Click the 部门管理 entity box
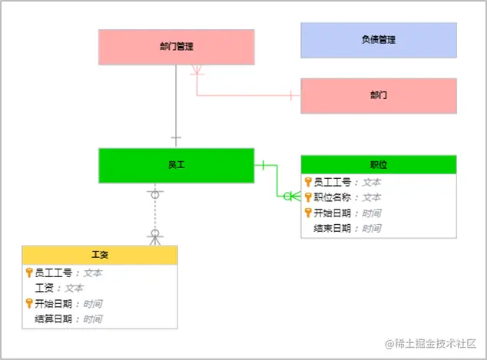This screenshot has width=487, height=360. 176,47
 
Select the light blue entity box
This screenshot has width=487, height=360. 378,40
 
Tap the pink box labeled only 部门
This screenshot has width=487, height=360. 378,96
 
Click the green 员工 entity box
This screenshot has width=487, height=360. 176,165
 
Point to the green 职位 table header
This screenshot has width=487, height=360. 378,164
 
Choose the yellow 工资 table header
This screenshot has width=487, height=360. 100,255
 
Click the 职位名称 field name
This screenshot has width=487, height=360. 333,197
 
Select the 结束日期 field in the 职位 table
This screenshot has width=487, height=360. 333,228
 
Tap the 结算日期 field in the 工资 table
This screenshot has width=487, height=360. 55,319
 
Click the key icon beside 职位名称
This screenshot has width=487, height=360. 308,197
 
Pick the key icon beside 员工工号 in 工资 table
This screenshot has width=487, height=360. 29,272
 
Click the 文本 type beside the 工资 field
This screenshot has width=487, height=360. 74,288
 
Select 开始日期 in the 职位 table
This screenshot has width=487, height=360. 333,213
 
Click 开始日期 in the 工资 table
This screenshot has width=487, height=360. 55,303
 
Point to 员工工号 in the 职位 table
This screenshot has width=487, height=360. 333,182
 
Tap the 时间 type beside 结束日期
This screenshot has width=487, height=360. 372,228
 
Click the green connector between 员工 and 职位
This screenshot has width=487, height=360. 277,182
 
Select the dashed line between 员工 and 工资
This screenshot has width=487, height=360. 154,214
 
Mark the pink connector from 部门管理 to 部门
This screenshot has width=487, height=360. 246,96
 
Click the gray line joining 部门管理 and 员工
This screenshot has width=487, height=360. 176,107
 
